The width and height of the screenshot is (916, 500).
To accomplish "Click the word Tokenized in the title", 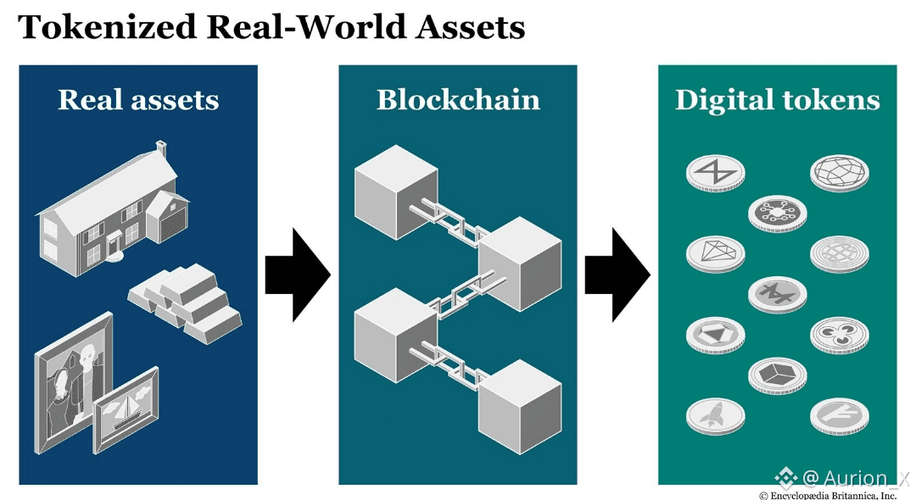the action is (107, 27).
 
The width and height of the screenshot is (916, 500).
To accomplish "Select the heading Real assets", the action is (138, 100).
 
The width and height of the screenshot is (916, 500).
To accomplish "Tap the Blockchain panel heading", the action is (458, 100).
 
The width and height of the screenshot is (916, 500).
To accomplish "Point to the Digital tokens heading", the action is (778, 100).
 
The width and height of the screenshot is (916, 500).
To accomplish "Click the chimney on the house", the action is (160, 149).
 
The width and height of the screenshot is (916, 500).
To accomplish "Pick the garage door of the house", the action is (172, 225).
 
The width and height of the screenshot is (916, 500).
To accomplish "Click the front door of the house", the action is (114, 242).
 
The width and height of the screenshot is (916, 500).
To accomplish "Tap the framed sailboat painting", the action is (126, 410).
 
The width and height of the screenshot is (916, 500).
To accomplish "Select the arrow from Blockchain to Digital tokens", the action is (617, 275).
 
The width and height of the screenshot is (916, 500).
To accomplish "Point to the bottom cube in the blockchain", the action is (520, 407).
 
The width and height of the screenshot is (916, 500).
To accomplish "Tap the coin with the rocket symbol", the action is (716, 416).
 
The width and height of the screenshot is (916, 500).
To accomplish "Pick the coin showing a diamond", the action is (716, 253).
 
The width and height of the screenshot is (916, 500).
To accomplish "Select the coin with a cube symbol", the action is (778, 375).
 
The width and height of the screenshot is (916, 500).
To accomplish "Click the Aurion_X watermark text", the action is (842, 478).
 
